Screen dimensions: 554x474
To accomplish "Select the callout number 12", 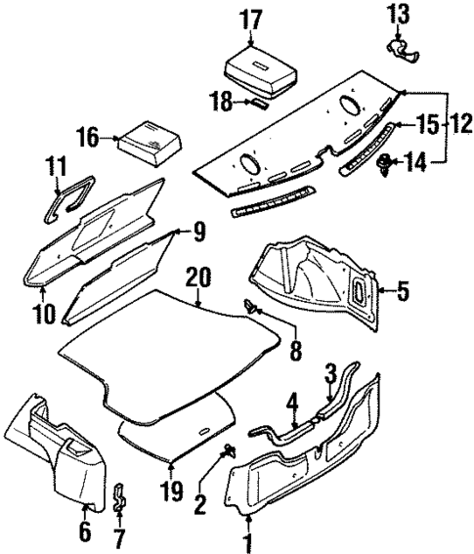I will [454, 126].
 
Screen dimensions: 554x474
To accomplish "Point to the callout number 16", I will [88, 138].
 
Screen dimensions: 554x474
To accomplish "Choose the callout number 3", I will [330, 373].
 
